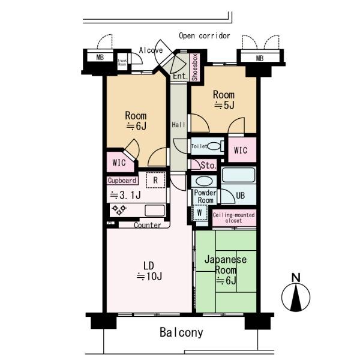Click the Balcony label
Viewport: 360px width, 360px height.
point(181,332)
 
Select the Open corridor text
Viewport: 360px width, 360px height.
point(205,35)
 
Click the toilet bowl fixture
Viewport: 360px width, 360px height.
point(214,146)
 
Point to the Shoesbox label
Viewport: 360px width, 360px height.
point(194,67)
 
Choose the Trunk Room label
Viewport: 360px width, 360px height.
point(122,62)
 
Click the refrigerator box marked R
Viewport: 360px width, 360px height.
point(155,180)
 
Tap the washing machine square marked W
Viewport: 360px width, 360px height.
point(199,213)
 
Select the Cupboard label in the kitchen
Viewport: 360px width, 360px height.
point(122,181)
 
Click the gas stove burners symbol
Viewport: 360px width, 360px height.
point(119,210)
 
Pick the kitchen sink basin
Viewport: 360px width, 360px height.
point(155,211)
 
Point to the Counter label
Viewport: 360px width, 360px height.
point(148,225)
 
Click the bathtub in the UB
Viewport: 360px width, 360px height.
point(238,175)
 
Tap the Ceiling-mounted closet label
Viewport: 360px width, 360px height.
point(233,218)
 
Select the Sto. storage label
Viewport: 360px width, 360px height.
point(208,166)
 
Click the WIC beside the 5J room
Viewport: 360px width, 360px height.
point(241,151)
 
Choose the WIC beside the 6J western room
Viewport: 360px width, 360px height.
point(119,163)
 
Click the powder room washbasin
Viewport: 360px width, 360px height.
point(204,181)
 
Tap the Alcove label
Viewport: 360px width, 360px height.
point(151,50)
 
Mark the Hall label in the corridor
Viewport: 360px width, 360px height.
point(178,125)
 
